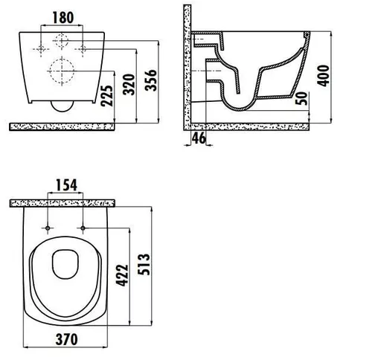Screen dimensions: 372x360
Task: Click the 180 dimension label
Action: click(x=63, y=18)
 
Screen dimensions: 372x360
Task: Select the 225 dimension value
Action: click(x=107, y=96)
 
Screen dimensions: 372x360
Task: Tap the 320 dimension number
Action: click(x=129, y=85)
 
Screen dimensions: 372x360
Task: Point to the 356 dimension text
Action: click(x=151, y=80)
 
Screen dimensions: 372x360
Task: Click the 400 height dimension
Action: click(x=324, y=76)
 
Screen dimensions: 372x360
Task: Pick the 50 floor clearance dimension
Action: click(x=302, y=98)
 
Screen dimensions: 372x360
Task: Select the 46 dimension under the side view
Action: click(x=199, y=138)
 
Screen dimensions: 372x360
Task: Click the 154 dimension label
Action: click(x=66, y=185)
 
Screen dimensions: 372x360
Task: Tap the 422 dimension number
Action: click(x=123, y=275)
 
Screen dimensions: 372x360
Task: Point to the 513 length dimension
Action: click(x=144, y=264)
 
